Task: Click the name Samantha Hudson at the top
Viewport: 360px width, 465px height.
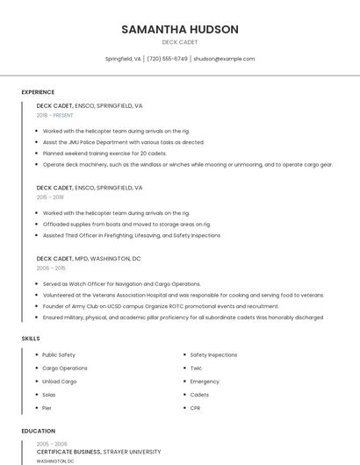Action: (180, 29)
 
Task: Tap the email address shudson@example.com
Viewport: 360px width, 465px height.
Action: (224, 59)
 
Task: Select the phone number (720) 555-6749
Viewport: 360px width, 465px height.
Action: (167, 59)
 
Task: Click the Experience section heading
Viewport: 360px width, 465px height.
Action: (38, 92)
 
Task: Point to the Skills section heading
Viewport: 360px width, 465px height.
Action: (31, 339)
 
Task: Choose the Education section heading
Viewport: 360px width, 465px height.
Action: (38, 431)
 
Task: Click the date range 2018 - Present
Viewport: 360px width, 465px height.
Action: (55, 115)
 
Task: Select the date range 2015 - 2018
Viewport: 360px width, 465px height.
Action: (50, 197)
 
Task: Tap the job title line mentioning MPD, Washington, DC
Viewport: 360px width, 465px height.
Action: (89, 259)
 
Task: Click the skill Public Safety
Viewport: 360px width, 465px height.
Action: (59, 354)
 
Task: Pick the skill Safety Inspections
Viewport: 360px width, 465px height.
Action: (213, 354)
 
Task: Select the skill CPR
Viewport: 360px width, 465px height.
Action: (196, 408)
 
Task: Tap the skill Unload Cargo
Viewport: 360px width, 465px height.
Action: (60, 382)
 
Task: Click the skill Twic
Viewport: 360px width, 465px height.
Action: (196, 368)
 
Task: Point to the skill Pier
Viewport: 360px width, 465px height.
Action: (47, 408)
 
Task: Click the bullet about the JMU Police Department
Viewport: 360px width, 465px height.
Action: (123, 142)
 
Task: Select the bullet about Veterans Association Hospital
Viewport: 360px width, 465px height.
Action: (183, 296)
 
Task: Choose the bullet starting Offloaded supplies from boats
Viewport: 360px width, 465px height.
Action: (126, 224)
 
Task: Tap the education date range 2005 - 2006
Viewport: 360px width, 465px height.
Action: (52, 444)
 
